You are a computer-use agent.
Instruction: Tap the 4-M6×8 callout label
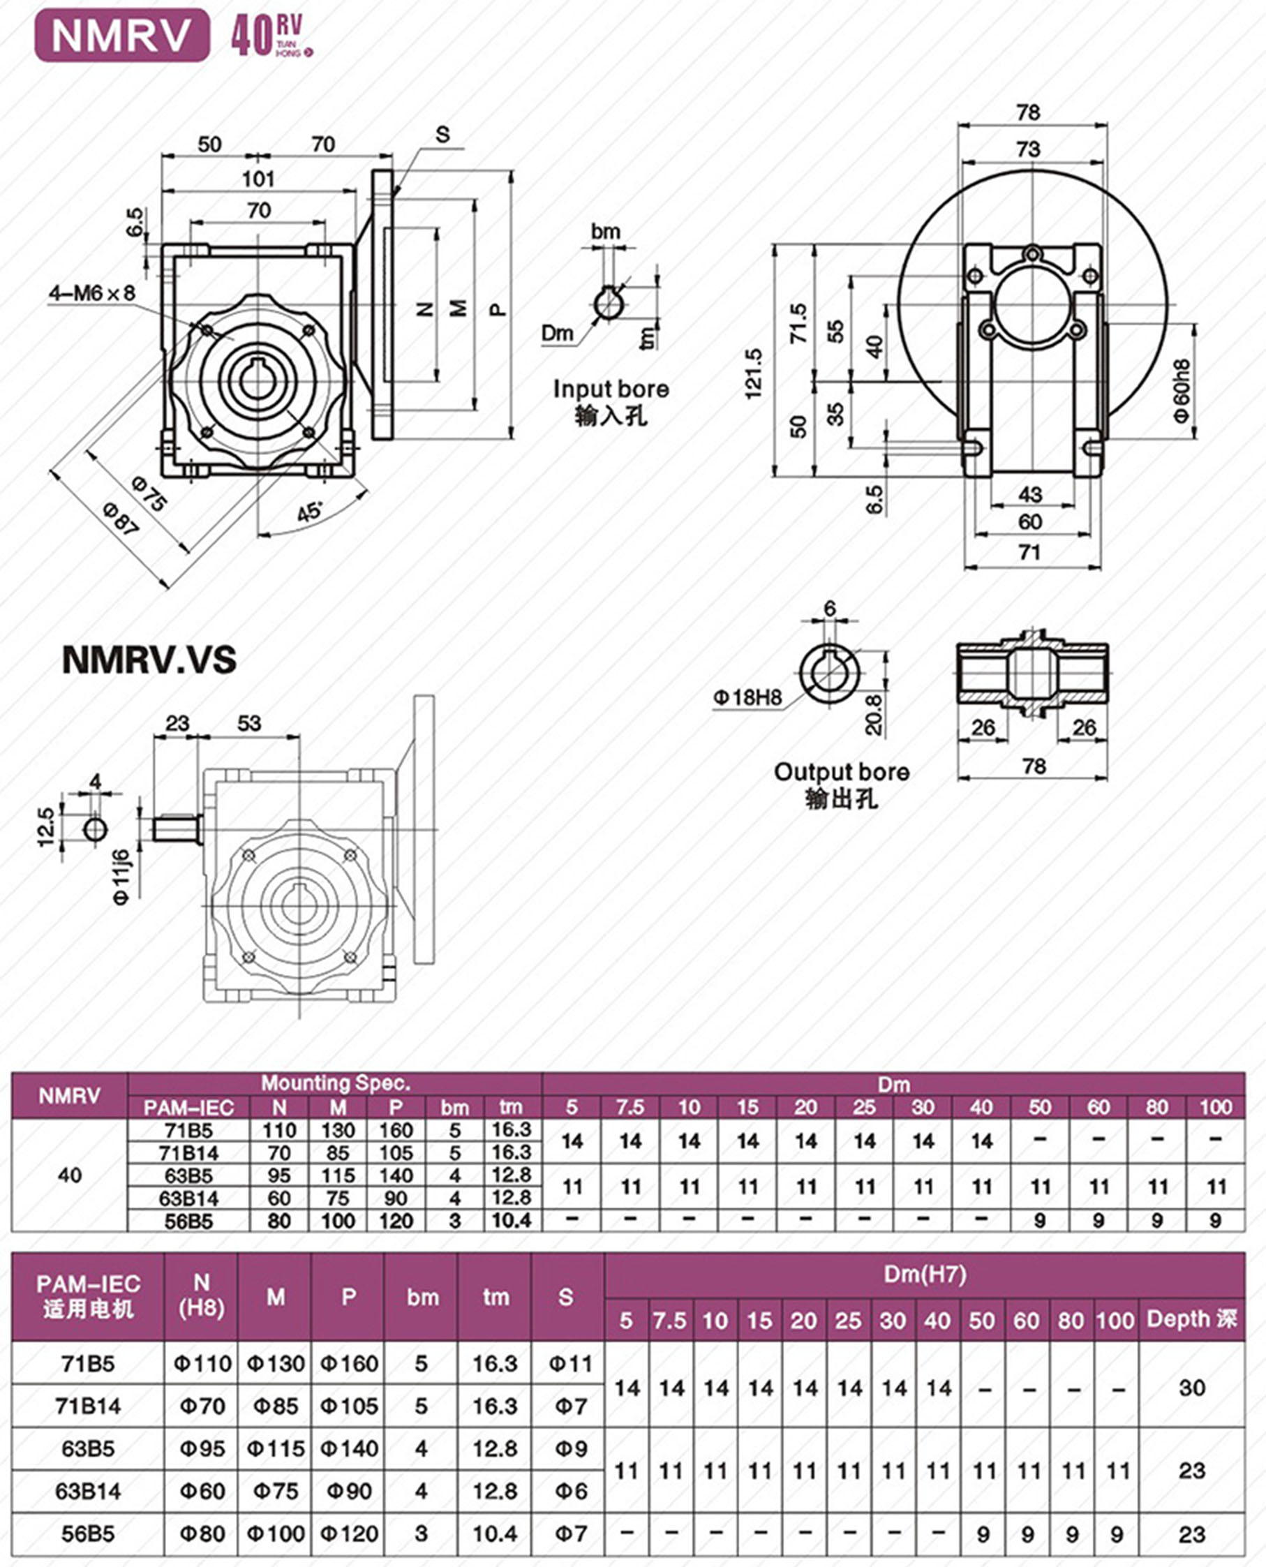92,293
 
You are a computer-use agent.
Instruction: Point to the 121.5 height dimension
753,373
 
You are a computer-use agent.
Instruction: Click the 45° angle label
310,511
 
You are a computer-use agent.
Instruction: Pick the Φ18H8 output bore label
747,698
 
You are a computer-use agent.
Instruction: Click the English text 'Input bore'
611,389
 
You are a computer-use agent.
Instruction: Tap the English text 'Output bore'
842,772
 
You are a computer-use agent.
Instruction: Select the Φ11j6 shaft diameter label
122,878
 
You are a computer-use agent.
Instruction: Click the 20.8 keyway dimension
874,714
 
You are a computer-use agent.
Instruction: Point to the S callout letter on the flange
442,134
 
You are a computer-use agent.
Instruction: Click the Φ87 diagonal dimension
121,519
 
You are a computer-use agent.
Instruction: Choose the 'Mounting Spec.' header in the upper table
336,1083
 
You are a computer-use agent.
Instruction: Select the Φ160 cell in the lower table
348,1364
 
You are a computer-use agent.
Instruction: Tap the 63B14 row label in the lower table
88,1491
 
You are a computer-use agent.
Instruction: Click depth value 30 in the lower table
1191,1387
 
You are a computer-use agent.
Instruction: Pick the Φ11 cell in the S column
567,1364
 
